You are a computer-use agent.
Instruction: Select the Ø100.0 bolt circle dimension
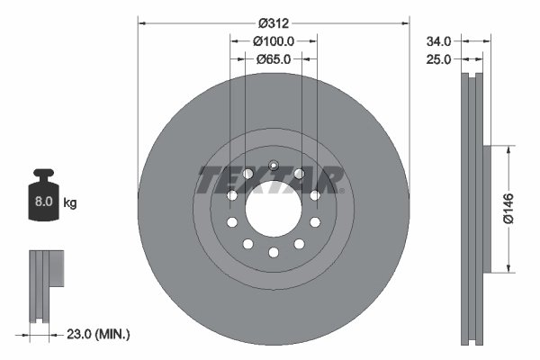point(274,42)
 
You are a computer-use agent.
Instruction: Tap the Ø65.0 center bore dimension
point(274,59)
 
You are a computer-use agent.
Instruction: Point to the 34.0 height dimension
point(441,40)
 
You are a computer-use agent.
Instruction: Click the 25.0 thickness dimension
point(441,59)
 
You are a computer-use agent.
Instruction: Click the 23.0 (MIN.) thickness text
point(98,334)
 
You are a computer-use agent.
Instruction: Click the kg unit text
point(70,204)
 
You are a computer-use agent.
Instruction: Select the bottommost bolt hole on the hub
point(274,253)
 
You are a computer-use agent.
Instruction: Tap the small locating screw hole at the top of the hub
point(274,163)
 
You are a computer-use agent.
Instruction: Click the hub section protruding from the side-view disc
point(487,207)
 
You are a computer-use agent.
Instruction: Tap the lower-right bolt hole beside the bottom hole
point(299,244)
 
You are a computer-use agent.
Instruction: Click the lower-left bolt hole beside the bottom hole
point(248,244)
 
